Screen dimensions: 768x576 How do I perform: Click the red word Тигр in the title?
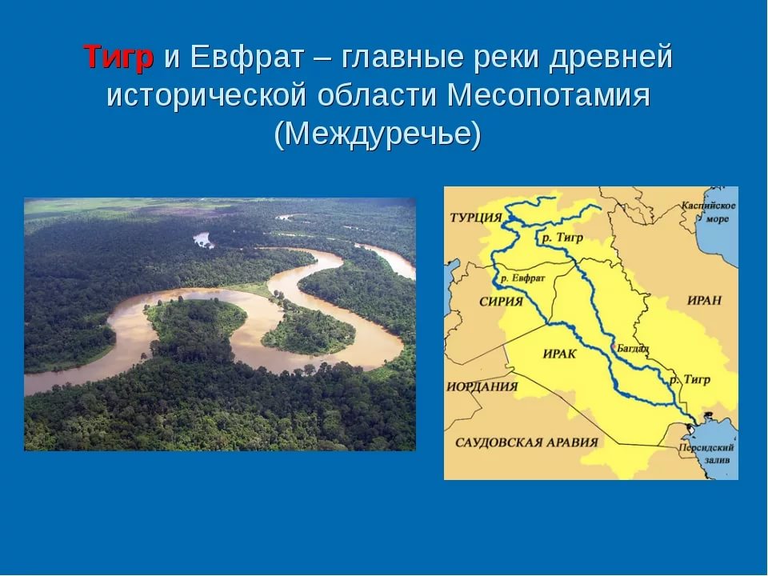118,57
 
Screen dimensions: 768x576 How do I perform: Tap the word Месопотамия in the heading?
548,95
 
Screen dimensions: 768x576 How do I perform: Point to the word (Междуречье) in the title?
378,133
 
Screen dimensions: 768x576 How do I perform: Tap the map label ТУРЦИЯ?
476,218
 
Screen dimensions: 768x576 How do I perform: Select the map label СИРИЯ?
501,302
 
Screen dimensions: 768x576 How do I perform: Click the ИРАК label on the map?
560,354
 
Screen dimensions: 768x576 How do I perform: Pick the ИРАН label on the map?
704,300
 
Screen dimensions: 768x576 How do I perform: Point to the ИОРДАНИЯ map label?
482,386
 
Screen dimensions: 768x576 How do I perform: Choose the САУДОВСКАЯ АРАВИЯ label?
526,442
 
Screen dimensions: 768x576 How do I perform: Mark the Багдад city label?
633,348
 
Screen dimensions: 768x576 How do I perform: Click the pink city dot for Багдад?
614,346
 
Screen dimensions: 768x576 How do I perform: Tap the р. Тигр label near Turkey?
562,238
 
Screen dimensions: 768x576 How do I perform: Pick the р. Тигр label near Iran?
690,379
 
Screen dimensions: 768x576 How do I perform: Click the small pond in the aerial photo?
202,240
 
